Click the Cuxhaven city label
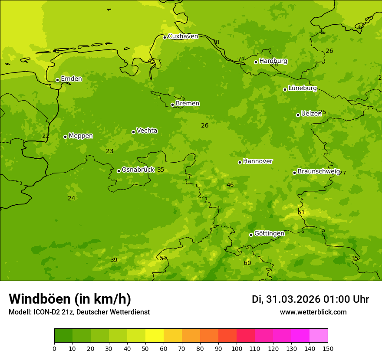pos(183,36)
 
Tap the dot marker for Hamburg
pos(256,62)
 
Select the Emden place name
pos(71,79)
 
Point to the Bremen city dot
pos(172,105)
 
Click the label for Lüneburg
pos(303,88)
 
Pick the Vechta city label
pos(147,131)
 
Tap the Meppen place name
pos(81,136)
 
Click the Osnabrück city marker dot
pos(119,171)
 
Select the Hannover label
pos(257,161)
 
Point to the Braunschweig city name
pos(319,172)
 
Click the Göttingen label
pos(269,233)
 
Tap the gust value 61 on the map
pos(301,213)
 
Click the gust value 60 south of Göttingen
pos(247,263)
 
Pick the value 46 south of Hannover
pos(230,185)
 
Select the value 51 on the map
pos(163,259)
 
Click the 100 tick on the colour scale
pos(237,348)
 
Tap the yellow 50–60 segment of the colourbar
pos(155,336)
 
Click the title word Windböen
pos(40,299)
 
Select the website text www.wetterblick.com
pos(313,312)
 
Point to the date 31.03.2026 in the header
pos(293,299)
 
